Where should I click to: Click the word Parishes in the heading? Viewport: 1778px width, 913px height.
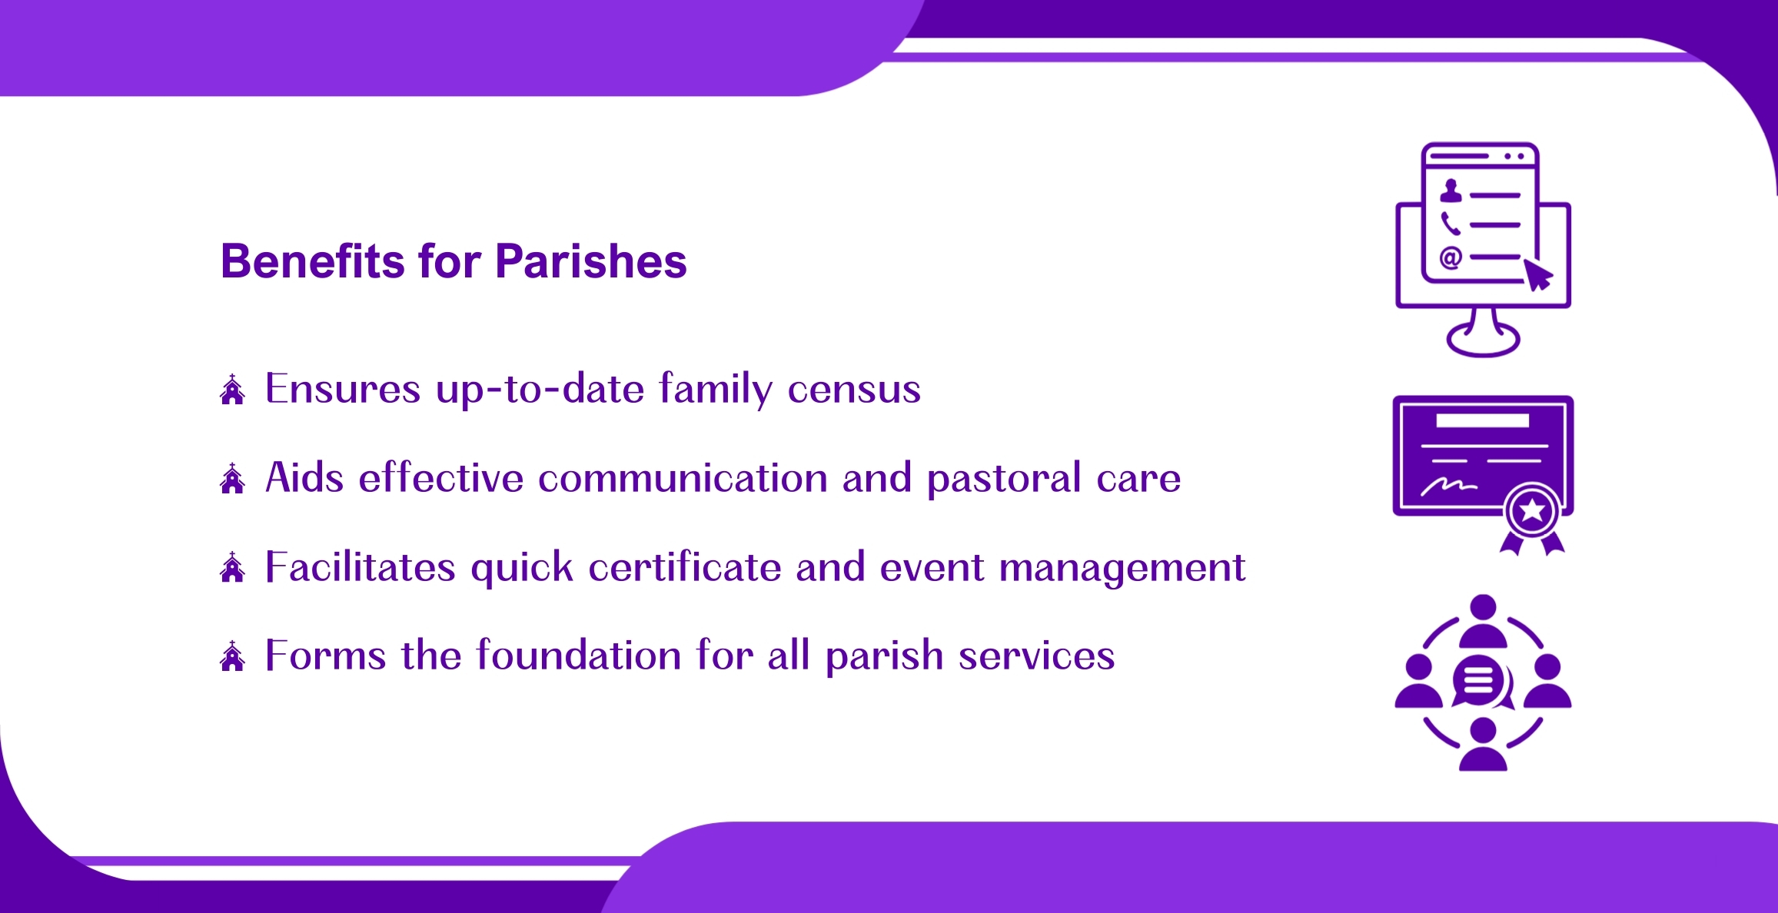590,261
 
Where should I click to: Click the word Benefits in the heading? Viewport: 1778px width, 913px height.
313,261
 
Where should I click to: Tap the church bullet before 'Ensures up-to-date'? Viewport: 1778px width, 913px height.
232,390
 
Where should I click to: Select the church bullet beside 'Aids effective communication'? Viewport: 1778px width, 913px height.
232,478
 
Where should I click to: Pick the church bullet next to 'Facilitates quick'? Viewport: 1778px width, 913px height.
232,567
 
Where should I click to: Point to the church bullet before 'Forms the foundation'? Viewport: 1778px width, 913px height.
232,656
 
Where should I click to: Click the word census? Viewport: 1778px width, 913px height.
854,390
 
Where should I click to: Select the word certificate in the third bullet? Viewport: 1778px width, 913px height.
685,567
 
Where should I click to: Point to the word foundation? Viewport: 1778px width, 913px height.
579,656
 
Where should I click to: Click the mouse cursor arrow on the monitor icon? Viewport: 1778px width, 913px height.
1538,274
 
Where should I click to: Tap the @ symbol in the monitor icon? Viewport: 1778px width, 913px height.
1451,257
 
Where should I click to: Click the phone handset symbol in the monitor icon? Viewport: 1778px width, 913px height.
1451,224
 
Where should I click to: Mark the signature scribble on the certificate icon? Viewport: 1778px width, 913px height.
1449,486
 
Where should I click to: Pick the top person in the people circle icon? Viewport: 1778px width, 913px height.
1483,621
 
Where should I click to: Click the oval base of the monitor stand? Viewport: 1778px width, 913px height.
1483,339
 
